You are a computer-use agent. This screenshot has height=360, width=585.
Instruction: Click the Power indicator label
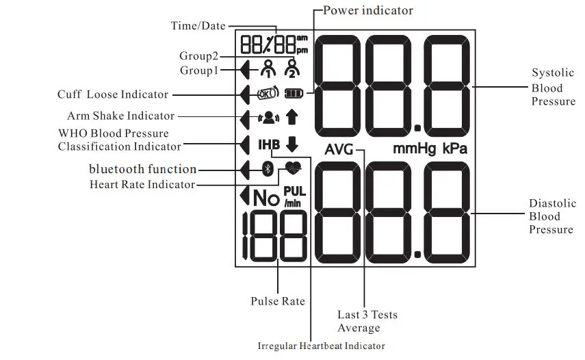367,10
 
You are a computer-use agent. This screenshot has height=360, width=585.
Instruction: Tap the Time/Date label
197,26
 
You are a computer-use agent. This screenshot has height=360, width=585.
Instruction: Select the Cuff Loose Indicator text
113,94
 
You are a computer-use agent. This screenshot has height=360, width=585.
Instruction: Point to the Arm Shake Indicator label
120,116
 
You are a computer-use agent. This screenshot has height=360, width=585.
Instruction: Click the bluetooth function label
142,169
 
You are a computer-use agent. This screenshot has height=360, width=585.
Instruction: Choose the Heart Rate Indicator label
142,185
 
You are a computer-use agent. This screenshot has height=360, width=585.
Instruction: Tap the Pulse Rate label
278,301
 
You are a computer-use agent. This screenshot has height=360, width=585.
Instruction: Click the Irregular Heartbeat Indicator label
321,346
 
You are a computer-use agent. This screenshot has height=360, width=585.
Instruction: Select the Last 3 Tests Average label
367,321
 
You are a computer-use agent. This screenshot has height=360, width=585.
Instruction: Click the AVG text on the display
339,150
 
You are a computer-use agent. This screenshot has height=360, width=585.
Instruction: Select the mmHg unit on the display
415,149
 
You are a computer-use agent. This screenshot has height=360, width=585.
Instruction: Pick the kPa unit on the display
455,149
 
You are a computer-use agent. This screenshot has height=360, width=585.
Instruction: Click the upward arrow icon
292,118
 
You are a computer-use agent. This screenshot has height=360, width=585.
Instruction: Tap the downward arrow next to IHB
292,144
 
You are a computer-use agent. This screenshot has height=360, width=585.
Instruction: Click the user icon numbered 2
292,68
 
